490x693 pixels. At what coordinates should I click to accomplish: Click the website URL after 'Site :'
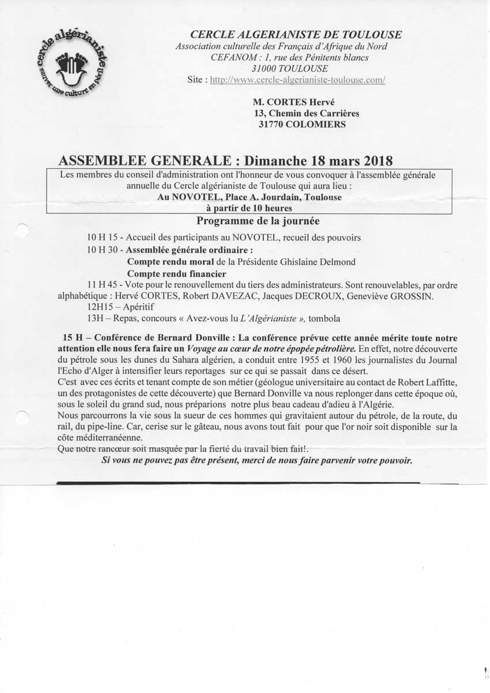click(x=297, y=80)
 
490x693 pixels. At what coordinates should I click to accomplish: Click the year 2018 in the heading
click(x=373, y=160)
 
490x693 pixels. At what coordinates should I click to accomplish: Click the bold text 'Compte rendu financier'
click(x=176, y=274)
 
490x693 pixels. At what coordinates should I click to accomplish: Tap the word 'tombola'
click(x=324, y=318)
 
